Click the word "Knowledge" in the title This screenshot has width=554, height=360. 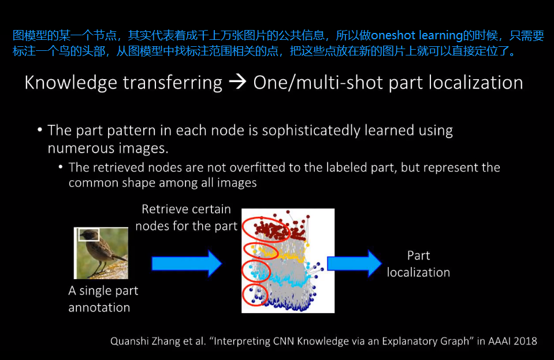(70, 83)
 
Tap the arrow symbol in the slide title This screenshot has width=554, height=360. (237, 82)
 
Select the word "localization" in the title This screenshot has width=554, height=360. (476, 83)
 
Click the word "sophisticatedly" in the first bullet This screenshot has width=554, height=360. (311, 131)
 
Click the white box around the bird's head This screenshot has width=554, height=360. (89, 229)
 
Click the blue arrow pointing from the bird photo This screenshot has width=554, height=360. (187, 263)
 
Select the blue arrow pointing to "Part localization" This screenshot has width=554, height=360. (354, 263)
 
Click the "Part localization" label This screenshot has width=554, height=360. (418, 264)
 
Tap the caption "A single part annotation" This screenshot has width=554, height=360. (103, 299)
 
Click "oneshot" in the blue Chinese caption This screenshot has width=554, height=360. (393, 35)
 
